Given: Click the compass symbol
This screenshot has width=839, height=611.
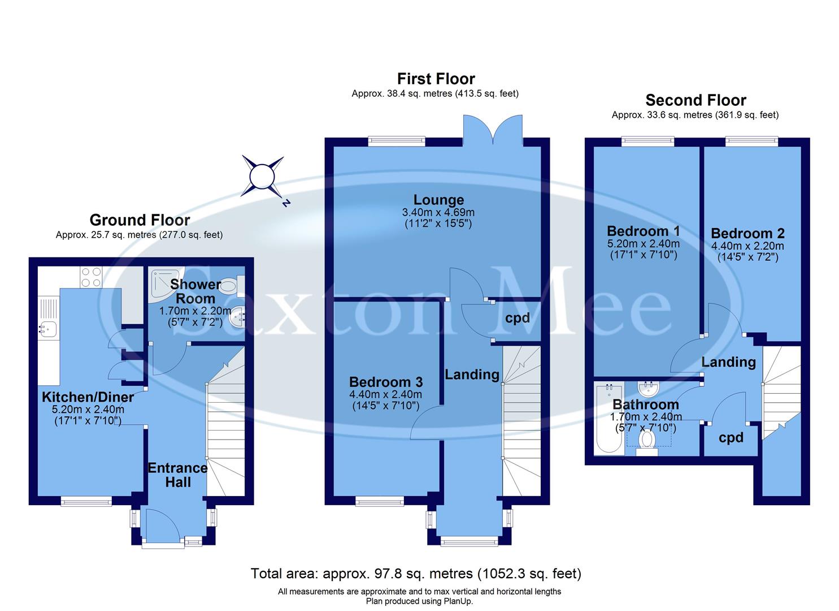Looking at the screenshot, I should (262, 176).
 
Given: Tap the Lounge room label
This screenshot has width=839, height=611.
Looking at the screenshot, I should (438, 200).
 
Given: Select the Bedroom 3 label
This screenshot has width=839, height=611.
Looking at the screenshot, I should (386, 382).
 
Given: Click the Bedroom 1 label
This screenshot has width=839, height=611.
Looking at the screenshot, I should (643, 231).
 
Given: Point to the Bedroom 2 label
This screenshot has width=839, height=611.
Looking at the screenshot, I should (747, 233).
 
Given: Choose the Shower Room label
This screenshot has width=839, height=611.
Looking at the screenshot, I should (193, 291).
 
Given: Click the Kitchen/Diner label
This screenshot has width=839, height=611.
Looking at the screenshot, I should (88, 397).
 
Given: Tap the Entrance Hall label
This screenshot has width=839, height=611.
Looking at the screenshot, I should (177, 475).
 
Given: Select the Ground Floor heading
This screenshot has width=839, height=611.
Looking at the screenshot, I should (140, 220).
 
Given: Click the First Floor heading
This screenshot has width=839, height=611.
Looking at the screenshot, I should (436, 79).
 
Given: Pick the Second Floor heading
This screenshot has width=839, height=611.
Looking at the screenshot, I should (695, 101).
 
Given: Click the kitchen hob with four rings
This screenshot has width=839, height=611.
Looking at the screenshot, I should (91, 277).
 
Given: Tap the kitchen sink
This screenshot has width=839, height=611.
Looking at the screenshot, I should (47, 327).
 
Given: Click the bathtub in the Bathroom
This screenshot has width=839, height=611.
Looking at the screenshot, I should (608, 419).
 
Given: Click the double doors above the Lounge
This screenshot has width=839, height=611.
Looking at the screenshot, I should (492, 130).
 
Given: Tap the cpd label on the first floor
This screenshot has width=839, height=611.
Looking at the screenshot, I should (518, 318).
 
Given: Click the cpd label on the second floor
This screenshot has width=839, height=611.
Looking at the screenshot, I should (731, 437).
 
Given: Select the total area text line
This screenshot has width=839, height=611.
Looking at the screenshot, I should (416, 574).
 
